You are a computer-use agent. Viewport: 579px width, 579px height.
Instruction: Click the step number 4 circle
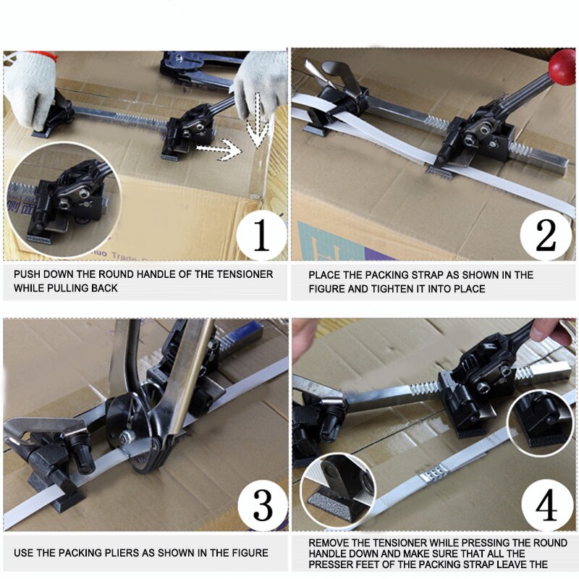coord(544,504)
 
